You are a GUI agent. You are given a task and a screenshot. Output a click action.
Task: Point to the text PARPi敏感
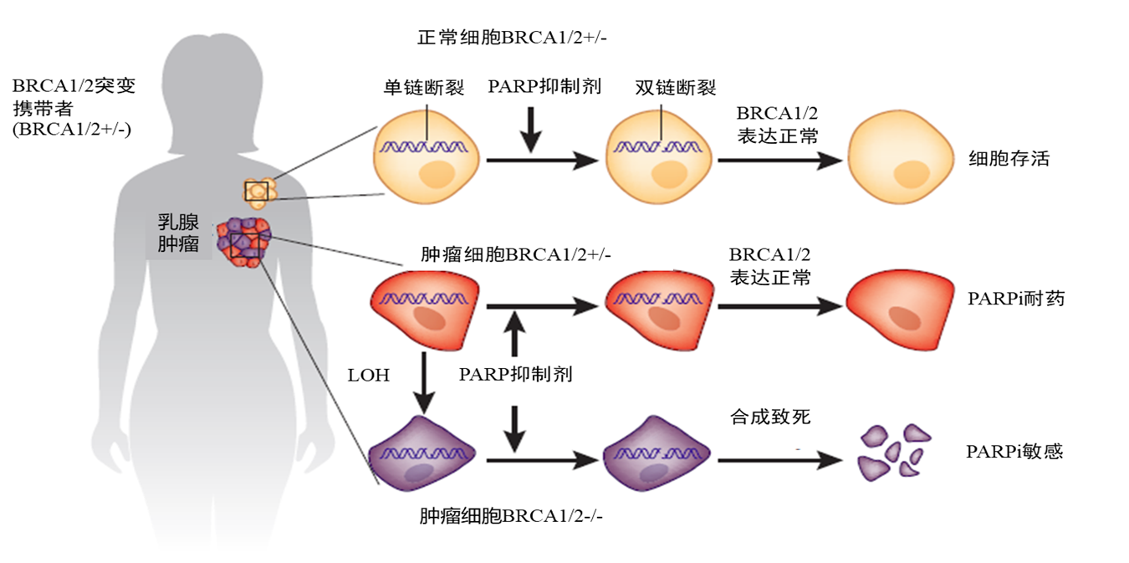pos(1014,451)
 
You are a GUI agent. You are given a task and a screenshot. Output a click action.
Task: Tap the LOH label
pos(369,375)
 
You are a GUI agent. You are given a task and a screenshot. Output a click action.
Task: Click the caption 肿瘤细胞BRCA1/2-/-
pos(511,515)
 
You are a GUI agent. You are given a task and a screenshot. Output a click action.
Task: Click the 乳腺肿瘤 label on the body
pos(177,233)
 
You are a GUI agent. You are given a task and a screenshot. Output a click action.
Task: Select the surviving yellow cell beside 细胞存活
pos(900,159)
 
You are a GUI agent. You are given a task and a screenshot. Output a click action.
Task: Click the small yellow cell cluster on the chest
pos(258,192)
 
